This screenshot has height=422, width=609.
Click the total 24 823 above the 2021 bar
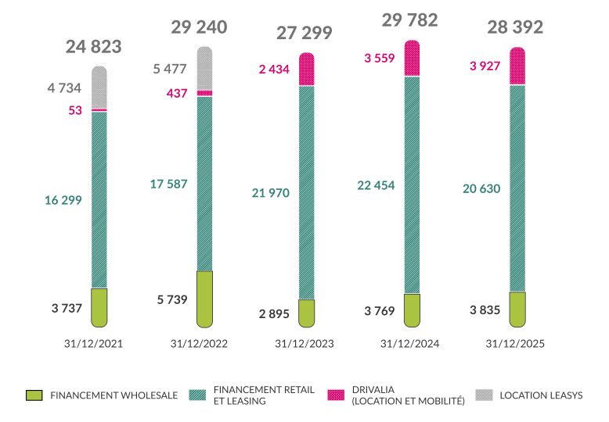pos(94,47)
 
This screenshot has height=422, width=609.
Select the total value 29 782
pos(409,20)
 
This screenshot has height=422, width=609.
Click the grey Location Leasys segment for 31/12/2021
pos(99,88)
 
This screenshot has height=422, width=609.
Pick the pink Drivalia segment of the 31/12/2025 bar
pos(517,66)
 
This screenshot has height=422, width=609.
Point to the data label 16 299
pos(63,200)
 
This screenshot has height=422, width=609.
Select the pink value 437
pos(177,93)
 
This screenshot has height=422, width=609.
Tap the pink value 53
pos(75,110)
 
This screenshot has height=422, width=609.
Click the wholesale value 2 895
pos(274,313)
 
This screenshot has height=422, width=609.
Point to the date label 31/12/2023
pos(304,343)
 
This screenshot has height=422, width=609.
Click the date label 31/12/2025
pos(515,343)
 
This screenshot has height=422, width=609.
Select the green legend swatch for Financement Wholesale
pos(33,395)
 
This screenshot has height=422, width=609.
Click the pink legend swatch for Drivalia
pos(336,395)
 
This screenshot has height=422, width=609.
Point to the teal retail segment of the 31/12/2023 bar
pos(307,192)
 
